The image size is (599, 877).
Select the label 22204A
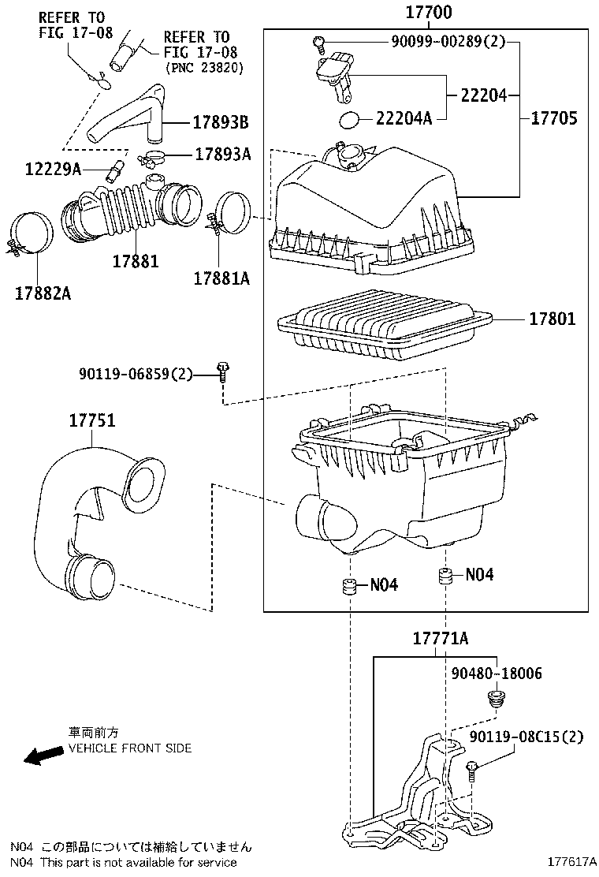(x=404, y=118)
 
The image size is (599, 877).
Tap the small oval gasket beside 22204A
(x=349, y=120)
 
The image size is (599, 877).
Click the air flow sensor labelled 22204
(x=334, y=76)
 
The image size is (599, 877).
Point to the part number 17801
(x=552, y=319)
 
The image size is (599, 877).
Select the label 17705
(x=553, y=118)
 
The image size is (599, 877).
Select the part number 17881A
(x=221, y=277)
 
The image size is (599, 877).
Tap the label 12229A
(x=53, y=169)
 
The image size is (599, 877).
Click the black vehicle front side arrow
(x=45, y=756)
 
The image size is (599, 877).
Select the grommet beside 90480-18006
(x=496, y=699)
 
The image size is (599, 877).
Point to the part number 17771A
(x=441, y=639)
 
